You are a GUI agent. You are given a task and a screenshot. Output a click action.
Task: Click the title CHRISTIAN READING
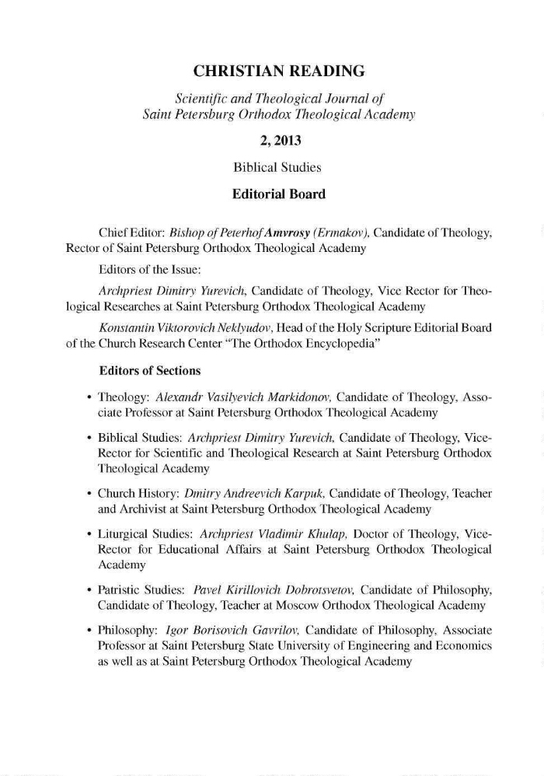pos(279,72)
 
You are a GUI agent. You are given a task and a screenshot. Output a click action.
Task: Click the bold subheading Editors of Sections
pos(151,370)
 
